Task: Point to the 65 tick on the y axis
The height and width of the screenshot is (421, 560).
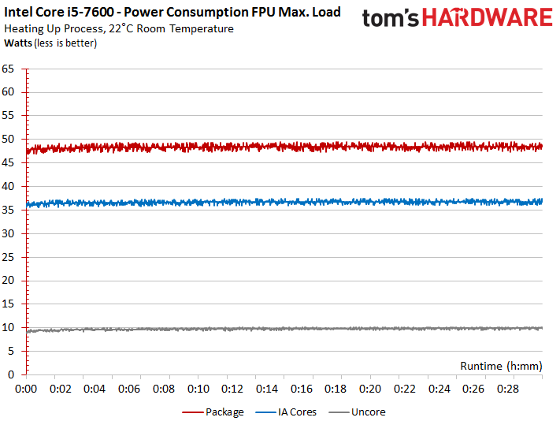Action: tap(9, 69)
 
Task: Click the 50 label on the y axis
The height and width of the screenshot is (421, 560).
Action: tap(9, 140)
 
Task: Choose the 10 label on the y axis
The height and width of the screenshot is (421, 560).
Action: tap(9, 327)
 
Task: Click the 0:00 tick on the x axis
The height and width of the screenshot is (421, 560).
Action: tap(27, 389)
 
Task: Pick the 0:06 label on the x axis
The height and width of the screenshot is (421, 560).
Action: tap(130, 389)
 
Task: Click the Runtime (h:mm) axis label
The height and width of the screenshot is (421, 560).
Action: tap(500, 366)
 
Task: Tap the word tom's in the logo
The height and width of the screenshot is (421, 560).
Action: tap(388, 18)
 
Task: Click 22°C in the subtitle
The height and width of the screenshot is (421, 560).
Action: tap(130, 29)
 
